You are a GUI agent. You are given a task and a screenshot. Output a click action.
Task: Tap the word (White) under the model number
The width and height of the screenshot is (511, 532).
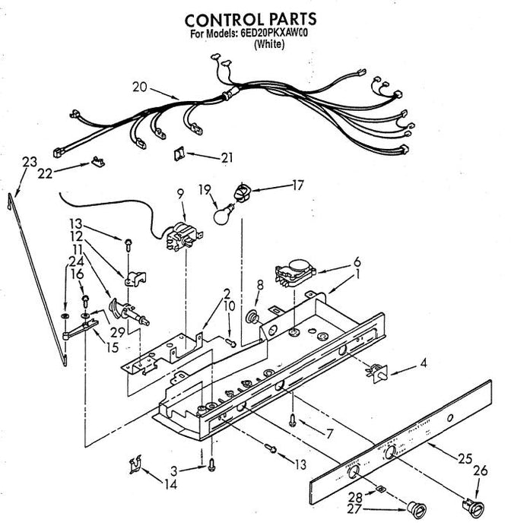click(268, 45)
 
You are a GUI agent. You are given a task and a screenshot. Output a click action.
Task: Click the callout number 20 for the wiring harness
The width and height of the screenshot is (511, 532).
click(140, 86)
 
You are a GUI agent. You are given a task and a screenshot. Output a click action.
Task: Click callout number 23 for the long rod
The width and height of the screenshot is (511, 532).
click(29, 161)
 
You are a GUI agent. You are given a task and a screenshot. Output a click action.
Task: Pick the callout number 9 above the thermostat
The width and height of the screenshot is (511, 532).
click(179, 194)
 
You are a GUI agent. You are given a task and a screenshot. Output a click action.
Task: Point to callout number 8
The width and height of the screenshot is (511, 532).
click(259, 286)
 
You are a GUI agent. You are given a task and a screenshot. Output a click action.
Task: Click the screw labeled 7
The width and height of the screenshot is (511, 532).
click(291, 417)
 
